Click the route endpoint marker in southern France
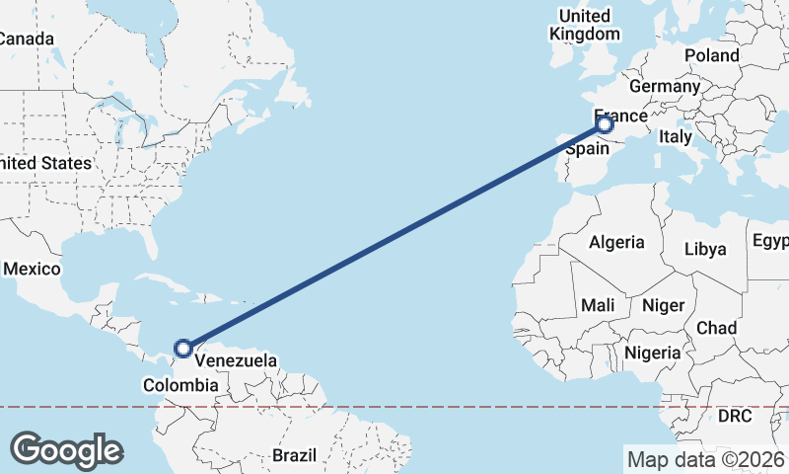pos(605,124)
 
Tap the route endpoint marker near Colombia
pos(182,348)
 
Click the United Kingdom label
pos(585,25)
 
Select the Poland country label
pos(711,55)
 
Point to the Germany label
pos(664,87)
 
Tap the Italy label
pos(676,137)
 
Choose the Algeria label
pos(616,242)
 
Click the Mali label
pos(598,305)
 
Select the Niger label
pos(663,305)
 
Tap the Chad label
pos(716,327)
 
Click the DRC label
pos(734,417)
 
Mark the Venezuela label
pos(236,360)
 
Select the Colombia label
pos(179,385)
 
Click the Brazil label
pos(294,455)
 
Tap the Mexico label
pos(32,269)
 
